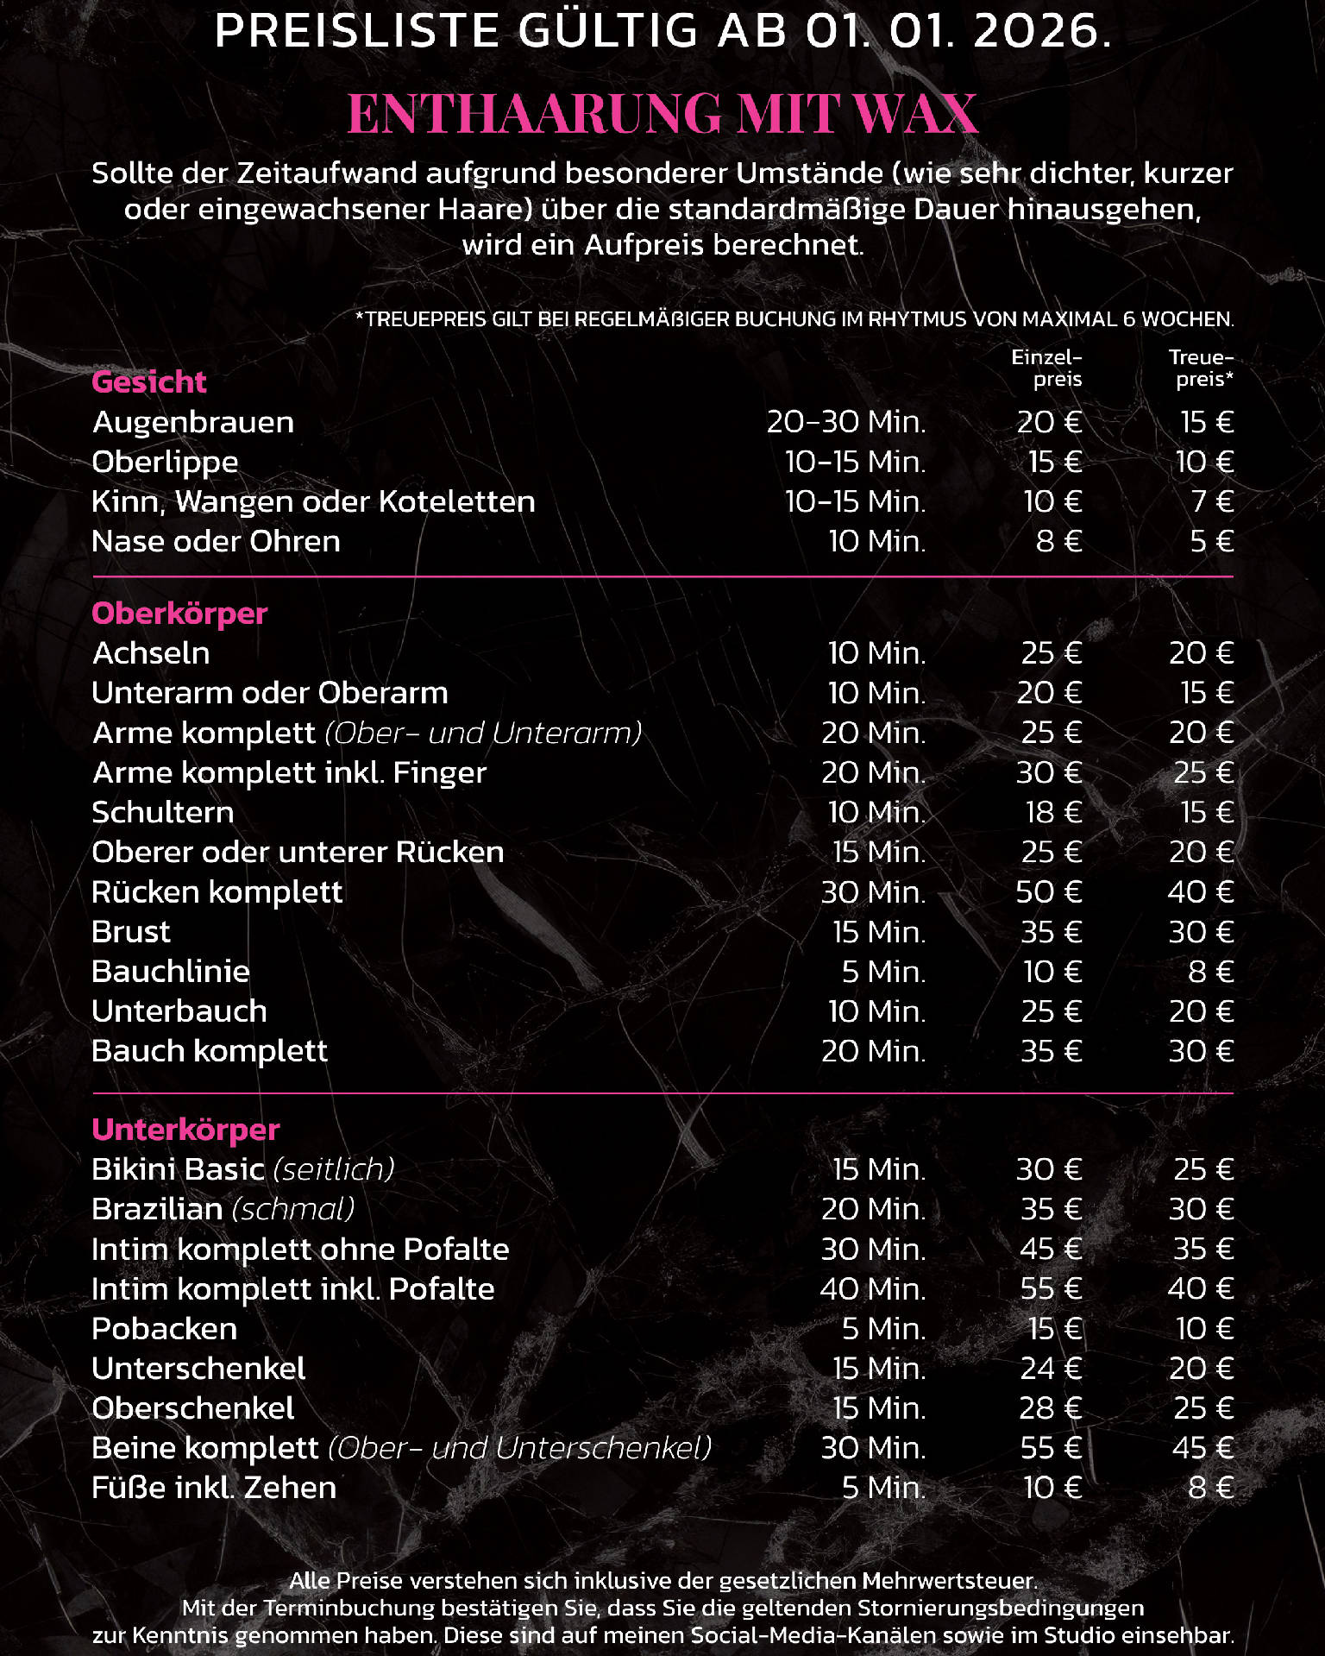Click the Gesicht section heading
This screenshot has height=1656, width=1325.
coord(149,381)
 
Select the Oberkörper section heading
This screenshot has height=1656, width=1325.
coord(179,614)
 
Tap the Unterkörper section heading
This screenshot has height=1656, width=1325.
coord(185,1130)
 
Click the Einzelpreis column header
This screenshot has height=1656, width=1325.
coord(1046,368)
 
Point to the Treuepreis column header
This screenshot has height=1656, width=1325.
coord(1201,368)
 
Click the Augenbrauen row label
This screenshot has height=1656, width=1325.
coord(193,422)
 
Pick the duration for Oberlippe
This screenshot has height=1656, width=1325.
coord(855,462)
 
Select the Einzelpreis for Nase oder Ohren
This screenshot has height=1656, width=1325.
coord(1058,541)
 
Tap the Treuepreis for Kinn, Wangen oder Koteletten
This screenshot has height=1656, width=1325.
coord(1212,501)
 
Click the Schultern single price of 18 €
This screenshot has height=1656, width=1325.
coord(1053,812)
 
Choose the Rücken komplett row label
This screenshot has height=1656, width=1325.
coord(217,891)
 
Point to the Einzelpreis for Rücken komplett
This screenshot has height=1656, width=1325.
coord(1049,891)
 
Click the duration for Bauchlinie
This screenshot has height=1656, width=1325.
coord(883,972)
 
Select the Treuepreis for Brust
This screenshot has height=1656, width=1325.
coord(1201,932)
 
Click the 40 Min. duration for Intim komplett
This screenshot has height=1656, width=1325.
coord(872,1288)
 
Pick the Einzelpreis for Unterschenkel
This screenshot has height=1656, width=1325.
coord(1051,1368)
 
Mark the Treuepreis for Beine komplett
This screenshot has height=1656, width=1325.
coord(1203,1447)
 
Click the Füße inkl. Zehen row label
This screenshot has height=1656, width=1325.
coord(214,1488)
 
